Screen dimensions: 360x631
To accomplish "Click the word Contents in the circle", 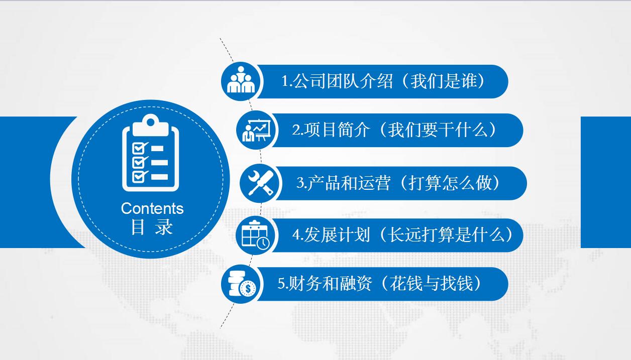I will tap(152, 208).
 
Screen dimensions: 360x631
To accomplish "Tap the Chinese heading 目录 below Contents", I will tap(152, 227).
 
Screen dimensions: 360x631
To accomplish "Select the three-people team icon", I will tap(241, 81).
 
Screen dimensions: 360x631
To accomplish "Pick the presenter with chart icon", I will tap(256, 130).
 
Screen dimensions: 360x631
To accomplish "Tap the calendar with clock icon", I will tap(256, 234).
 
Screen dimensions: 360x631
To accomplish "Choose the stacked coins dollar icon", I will tap(241, 284).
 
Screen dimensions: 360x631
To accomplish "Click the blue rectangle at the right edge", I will tap(605, 182).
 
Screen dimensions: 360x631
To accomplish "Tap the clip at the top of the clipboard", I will tap(150, 124).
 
